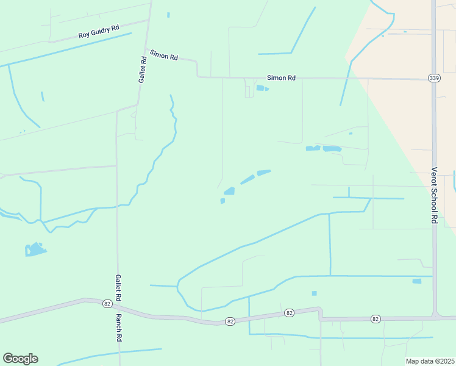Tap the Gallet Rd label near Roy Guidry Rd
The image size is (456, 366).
pos(143,70)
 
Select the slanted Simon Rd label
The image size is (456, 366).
pos(163,55)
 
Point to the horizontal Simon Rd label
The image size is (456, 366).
pos(281,78)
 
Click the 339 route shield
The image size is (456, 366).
pos(433,78)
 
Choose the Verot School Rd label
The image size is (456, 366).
pos(435,195)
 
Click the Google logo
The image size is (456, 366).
pos(20,359)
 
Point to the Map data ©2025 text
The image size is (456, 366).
pos(429,361)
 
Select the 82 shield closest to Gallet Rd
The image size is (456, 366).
pos(107,303)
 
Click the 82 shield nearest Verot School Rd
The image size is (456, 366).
pos(376,319)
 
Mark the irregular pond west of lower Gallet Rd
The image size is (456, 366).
pos(35,249)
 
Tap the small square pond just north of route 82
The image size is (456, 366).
pos(315,293)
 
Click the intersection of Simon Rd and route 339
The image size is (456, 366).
pos(433,79)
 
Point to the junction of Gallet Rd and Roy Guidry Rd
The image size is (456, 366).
pos(148,20)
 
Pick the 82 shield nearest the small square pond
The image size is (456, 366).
pos(289,313)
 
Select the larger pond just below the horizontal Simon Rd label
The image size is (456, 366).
pos(260,88)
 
